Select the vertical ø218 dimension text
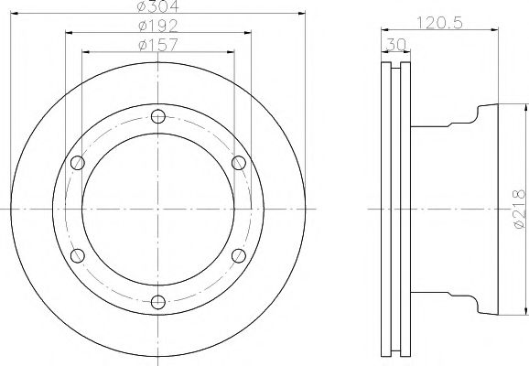pos(518,209)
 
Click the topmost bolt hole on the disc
pos(157,115)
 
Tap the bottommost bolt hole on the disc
pos(157,302)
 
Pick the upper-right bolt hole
pos(239,163)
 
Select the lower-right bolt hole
pos(239,255)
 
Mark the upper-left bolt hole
pos(77,163)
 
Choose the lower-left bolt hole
pos(77,255)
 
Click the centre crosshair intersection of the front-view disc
pos(157,209)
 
